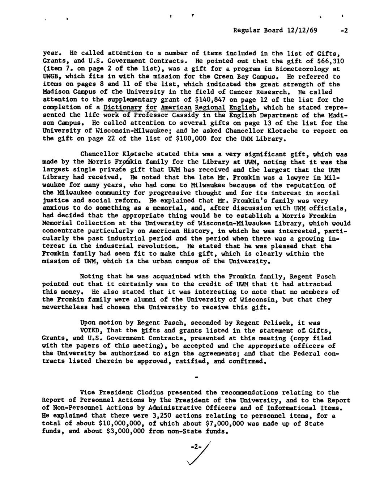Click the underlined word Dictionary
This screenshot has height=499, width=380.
[x=122, y=107]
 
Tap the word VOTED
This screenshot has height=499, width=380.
[x=91, y=330]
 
